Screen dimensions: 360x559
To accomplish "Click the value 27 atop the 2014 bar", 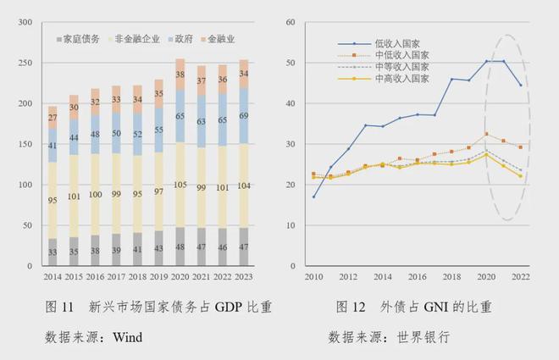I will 53,118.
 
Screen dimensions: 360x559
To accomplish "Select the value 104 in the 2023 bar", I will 245,186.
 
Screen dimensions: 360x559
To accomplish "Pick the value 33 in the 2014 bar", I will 53,252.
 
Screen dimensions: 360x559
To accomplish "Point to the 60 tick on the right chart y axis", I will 291,22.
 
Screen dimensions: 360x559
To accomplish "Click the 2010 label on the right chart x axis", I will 314,277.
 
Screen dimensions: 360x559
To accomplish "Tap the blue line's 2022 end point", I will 520,85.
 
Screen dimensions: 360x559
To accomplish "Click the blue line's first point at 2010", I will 314,197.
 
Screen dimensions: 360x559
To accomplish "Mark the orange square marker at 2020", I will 486,134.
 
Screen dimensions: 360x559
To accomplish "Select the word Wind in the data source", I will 126,337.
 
